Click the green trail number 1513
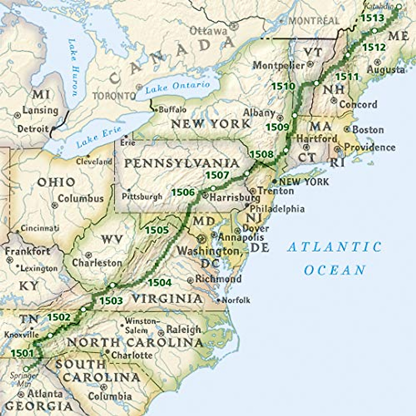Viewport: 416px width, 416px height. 372,18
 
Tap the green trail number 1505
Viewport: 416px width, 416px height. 157,230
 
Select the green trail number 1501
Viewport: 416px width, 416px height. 22,353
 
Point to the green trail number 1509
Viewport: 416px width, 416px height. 277,127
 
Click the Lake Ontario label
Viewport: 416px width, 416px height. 177,87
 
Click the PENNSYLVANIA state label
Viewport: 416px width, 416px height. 182,163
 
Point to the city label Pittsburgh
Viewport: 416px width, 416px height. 142,197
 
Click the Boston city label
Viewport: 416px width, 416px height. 368,130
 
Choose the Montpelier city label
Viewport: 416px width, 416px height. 279,65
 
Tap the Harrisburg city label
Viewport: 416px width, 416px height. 235,198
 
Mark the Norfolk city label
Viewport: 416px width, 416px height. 236,300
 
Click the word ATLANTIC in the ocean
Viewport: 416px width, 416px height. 334,247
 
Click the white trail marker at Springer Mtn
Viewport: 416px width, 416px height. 26,369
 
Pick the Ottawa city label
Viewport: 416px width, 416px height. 208,31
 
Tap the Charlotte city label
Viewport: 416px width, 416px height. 132,355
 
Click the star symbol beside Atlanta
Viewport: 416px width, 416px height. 21,394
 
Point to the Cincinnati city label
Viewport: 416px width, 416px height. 40,228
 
